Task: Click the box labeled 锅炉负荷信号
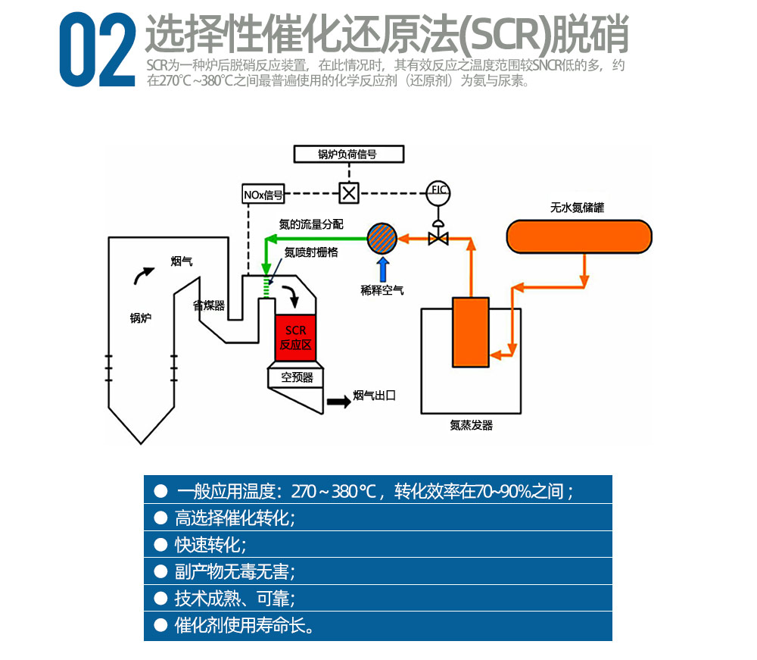[347, 155]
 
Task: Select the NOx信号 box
[263, 195]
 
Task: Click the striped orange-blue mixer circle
[382, 238]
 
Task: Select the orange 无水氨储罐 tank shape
[579, 236]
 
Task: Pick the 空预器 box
[297, 377]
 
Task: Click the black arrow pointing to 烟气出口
[338, 402]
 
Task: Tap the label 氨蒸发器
[471, 425]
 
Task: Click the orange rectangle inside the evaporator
[471, 332]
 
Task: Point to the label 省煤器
[208, 305]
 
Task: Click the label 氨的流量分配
[311, 224]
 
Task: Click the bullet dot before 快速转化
[160, 544]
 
